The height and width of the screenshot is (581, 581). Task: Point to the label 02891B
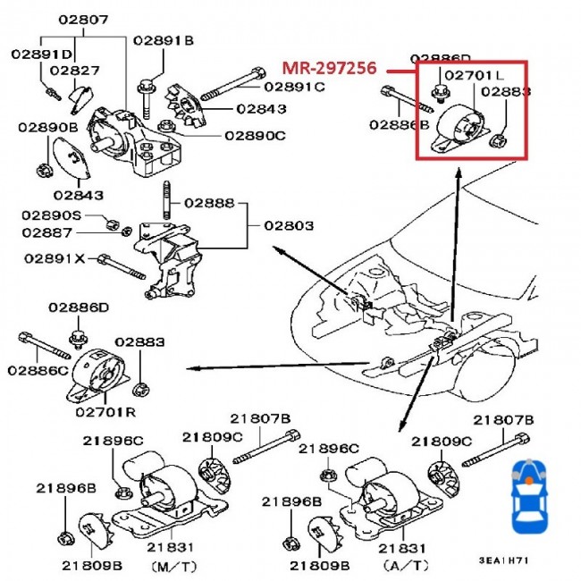coord(164,40)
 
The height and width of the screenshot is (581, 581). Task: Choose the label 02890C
coord(255,135)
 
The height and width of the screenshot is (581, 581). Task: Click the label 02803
coord(288,226)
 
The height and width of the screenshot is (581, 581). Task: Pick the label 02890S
coord(52,215)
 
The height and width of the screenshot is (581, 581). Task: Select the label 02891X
coord(55,258)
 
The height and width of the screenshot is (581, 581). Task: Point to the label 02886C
coord(38,370)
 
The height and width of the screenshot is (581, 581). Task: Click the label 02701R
coord(105,412)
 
